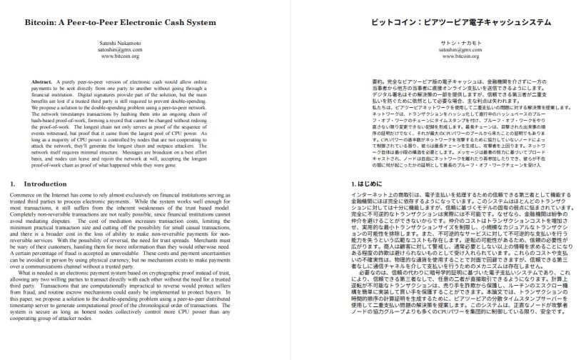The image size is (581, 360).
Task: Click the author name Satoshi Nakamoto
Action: point(120,43)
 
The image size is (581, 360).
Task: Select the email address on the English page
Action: point(120,49)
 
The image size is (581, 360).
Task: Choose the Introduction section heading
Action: point(44,184)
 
